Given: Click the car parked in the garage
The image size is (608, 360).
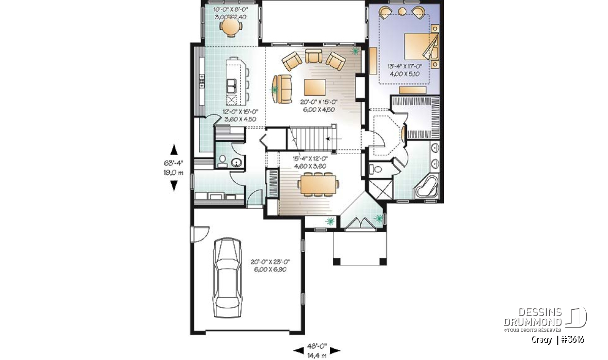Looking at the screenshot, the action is [x=227, y=277].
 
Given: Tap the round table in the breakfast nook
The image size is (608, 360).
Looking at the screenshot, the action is [x=231, y=27].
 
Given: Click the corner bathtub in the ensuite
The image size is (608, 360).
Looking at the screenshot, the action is [x=427, y=187].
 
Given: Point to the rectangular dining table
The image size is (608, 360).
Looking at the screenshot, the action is [x=318, y=184].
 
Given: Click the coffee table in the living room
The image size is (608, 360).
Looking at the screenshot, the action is [x=315, y=88].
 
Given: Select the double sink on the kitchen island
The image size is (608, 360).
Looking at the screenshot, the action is [x=232, y=86].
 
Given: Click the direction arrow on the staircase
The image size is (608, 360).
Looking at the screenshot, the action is [x=333, y=139].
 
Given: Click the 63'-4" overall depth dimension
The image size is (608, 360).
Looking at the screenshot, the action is [x=173, y=164].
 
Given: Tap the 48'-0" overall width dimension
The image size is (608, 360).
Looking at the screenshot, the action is [x=317, y=346].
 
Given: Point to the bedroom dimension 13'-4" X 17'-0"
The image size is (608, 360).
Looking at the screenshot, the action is [x=405, y=66].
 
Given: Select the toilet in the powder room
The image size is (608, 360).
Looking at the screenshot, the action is [x=222, y=162].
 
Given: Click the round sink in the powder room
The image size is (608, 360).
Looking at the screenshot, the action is [x=237, y=163].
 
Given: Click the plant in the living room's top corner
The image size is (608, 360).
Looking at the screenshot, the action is [x=355, y=51].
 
